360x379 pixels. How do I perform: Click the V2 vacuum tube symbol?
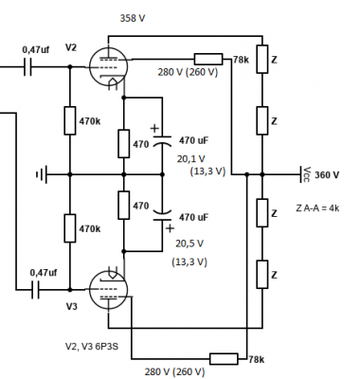(108, 67)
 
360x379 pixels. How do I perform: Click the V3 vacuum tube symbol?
(108, 289)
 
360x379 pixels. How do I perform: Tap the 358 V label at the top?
(133, 18)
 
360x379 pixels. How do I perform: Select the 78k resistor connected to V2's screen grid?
(208, 59)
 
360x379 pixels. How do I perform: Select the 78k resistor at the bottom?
(224, 359)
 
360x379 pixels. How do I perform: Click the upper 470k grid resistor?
(70, 120)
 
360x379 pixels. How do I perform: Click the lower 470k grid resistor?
(70, 228)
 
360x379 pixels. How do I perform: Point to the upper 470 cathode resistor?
(124, 143)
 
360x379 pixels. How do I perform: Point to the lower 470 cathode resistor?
(124, 205)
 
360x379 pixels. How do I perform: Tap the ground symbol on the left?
(42, 174)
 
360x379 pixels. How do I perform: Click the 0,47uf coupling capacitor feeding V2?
(27, 67)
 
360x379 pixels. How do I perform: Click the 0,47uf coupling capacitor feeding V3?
(35, 289)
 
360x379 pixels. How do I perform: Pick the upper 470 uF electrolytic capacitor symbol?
(162, 141)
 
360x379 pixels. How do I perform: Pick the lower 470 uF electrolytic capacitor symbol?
(162, 215)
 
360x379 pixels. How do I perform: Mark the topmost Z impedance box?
(262, 59)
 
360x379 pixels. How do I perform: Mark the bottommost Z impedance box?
(262, 274)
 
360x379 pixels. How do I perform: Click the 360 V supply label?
(327, 174)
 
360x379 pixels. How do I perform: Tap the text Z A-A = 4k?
(317, 208)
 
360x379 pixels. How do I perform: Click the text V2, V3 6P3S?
(92, 347)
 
